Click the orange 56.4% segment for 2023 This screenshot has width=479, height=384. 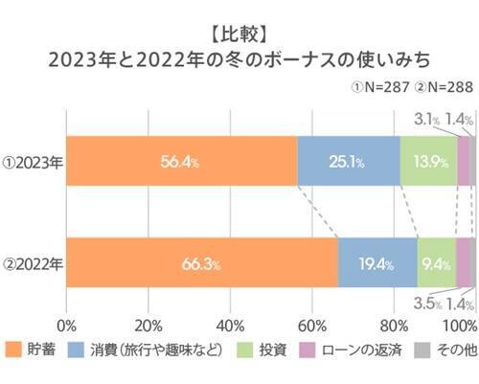tap(181, 162)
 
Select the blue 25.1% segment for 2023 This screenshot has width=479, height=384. tap(348, 162)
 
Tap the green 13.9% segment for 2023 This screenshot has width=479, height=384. tap(428, 162)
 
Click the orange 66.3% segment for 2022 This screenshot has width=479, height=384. tap(201, 262)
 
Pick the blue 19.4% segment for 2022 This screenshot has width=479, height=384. tap(377, 262)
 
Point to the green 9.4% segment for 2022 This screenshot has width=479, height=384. tap(436, 262)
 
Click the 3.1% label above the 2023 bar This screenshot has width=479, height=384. tap(426, 119)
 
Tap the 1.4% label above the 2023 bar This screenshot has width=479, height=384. tap(462, 119)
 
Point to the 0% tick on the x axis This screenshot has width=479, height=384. tap(67, 325)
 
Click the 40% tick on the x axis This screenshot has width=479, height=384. tap(230, 325)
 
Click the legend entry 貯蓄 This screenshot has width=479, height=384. tap(33, 350)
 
